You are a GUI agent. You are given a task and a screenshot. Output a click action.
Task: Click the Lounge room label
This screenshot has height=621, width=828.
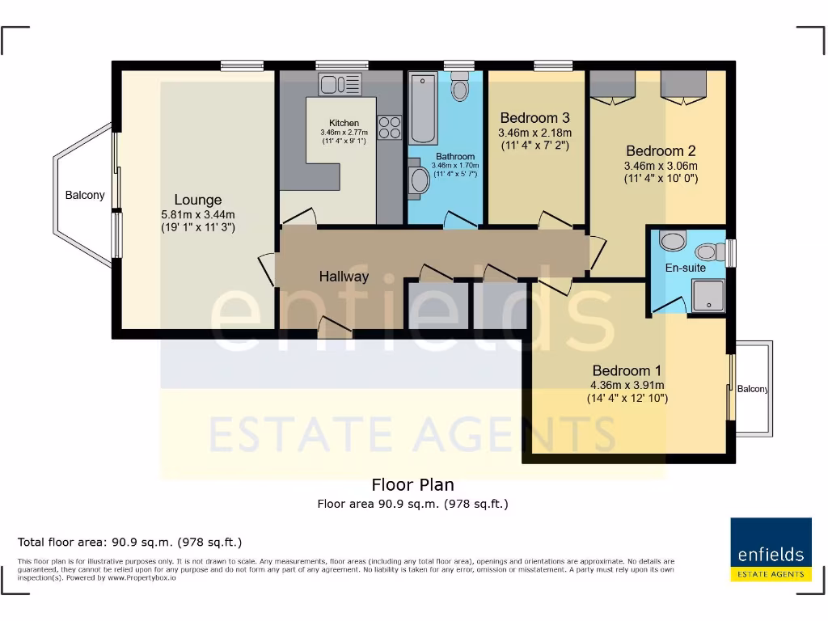point(198,200)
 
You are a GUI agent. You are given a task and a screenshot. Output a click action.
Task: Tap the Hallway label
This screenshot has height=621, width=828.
point(344,277)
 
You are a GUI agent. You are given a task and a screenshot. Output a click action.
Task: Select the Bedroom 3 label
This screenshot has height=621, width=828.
point(535,118)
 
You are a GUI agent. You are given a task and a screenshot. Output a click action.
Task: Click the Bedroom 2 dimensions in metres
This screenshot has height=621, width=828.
point(660,166)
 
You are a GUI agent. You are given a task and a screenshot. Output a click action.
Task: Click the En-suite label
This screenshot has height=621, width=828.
point(686,268)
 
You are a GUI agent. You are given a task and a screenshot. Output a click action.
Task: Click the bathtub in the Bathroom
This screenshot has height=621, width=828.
point(423,108)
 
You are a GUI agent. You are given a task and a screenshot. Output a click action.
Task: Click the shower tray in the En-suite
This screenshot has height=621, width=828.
point(708,295)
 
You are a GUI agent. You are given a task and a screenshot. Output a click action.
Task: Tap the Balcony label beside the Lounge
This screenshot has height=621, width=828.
point(85,195)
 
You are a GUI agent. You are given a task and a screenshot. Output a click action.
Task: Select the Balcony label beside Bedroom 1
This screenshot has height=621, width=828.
point(752,389)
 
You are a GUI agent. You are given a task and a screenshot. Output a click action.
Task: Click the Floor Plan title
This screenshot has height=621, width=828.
point(412,485)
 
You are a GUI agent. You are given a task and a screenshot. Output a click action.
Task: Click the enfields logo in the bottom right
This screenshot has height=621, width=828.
point(771,549)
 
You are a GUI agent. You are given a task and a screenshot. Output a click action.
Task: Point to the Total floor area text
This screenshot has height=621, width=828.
point(129,542)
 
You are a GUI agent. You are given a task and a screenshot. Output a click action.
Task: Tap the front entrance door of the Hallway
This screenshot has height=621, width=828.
point(334,326)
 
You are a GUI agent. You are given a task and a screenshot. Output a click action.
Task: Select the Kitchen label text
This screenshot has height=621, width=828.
point(344,123)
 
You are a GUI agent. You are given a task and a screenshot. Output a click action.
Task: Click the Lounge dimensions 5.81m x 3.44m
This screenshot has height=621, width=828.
point(198,214)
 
